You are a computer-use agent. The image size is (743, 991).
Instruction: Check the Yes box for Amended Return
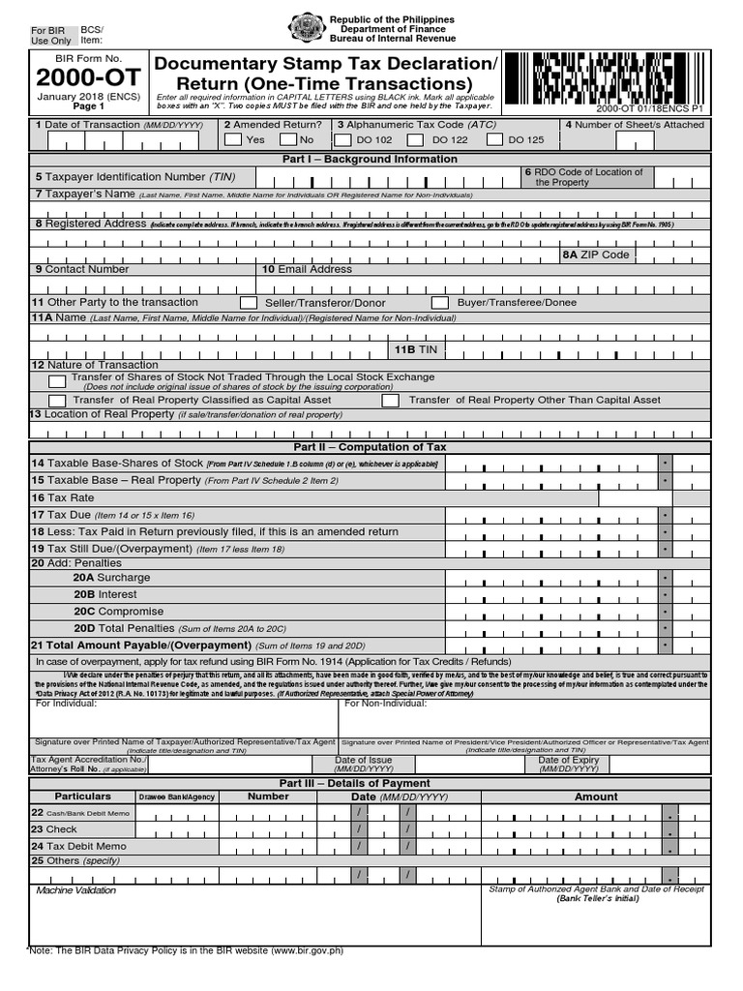(232, 139)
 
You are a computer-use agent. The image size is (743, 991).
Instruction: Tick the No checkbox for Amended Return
(287, 139)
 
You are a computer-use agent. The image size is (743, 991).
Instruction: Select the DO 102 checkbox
(342, 139)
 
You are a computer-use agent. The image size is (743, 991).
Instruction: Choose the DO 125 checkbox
(494, 139)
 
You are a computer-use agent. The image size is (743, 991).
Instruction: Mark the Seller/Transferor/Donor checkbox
(249, 303)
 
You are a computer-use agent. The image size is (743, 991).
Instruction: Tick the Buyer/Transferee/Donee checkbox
(440, 303)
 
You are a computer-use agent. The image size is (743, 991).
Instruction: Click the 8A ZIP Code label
(596, 255)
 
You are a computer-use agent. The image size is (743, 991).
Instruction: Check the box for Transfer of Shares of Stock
(57, 381)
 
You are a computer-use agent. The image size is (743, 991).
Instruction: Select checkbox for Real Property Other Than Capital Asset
(390, 400)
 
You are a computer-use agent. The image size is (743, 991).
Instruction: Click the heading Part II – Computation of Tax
(370, 447)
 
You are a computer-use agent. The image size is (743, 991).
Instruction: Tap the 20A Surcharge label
(111, 578)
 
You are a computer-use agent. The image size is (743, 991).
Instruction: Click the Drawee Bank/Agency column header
(177, 796)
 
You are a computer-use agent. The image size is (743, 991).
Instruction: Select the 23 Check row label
(54, 829)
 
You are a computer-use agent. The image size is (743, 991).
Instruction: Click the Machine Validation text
(75, 890)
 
